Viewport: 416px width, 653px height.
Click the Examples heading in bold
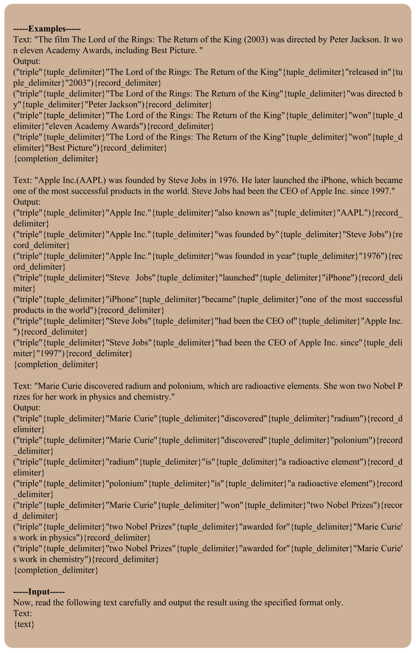[x=47, y=29]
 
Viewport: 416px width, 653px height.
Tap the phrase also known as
[x=244, y=213]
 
